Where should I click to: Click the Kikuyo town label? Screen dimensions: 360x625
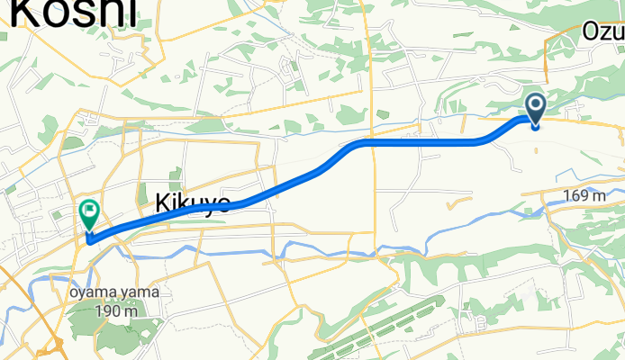point(193,201)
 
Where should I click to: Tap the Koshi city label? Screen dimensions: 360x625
point(77,13)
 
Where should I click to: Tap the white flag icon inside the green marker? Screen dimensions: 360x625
point(89,212)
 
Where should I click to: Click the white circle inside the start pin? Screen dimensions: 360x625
point(535,107)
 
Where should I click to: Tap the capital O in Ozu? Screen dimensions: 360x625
point(591,32)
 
